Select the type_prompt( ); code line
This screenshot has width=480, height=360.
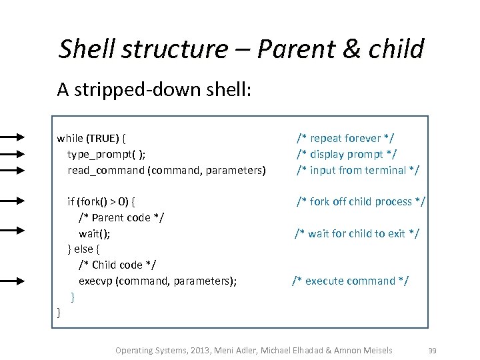pos(106,154)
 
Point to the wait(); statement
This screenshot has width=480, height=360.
pos(95,233)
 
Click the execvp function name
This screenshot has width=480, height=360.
pos(95,281)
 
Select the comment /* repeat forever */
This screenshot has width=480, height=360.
pos(345,138)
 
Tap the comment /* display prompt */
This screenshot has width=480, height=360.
pos(347,154)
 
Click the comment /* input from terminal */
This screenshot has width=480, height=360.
pos(358,170)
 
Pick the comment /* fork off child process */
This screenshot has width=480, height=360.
pos(361,201)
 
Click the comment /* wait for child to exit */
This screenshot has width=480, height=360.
pos(357,233)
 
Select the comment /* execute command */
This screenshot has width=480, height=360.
pos(351,281)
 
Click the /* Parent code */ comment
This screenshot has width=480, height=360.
pos(121,217)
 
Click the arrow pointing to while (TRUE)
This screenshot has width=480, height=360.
pos(13,137)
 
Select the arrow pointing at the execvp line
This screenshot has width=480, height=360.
pos(13,281)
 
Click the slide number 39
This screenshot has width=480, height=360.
pos(432,350)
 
